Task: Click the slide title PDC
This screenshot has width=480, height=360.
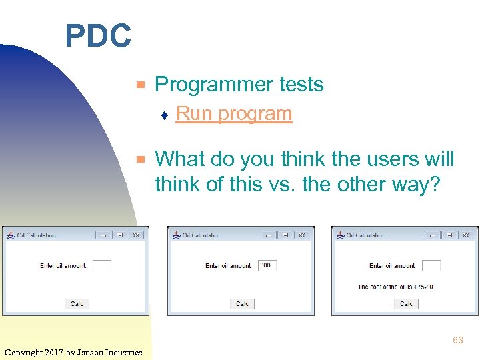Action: tap(98, 36)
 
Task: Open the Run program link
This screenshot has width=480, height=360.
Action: tap(233, 114)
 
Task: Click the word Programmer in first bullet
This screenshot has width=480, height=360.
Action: tap(208, 85)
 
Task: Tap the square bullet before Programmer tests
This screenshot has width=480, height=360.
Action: tap(140, 85)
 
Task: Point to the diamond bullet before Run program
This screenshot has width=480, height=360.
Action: tap(164, 115)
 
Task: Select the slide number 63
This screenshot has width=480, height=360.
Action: tap(457, 340)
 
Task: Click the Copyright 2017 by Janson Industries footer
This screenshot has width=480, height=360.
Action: tap(73, 352)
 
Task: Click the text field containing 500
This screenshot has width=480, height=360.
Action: tap(267, 265)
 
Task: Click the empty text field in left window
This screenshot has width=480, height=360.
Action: tap(102, 265)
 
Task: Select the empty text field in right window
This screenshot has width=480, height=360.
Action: tap(431, 265)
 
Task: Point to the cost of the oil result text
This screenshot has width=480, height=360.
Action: tap(395, 287)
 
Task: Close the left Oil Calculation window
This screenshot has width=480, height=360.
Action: tap(135, 235)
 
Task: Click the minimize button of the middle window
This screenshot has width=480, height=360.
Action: tap(268, 235)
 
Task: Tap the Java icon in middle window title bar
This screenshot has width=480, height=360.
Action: tap(176, 235)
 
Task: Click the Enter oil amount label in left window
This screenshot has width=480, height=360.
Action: tap(63, 266)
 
